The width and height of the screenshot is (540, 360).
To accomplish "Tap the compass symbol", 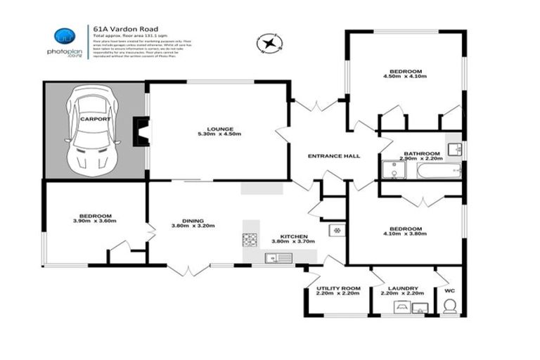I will (267, 44).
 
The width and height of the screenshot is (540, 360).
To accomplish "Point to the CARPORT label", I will (94, 120).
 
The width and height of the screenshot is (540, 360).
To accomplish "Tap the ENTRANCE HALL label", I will (335, 156).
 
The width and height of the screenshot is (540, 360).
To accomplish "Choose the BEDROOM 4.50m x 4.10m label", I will (406, 74).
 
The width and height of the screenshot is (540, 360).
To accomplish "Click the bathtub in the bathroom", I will (438, 171).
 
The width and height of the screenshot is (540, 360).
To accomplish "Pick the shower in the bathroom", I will (390, 171).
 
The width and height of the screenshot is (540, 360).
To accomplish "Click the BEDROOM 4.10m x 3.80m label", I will (406, 231).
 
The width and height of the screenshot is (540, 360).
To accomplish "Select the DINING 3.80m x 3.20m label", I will (193, 223).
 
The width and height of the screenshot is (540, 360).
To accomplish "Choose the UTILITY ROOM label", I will (338, 290).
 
